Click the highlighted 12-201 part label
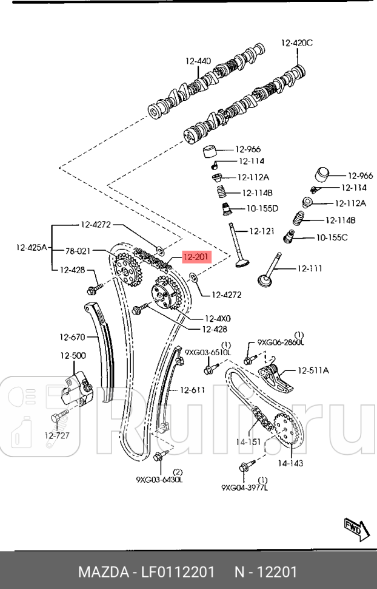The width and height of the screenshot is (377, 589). pyautogui.click(x=196, y=257)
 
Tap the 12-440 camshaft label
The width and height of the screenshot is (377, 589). pyautogui.click(x=198, y=61)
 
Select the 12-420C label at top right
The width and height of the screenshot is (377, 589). pyautogui.click(x=296, y=43)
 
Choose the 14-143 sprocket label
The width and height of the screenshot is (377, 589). pyautogui.click(x=291, y=463)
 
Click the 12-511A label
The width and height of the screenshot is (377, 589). pyautogui.click(x=313, y=370)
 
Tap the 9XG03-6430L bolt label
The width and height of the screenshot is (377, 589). pyautogui.click(x=159, y=479)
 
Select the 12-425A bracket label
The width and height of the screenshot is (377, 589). pyautogui.click(x=31, y=247)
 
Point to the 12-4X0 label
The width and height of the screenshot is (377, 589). pyautogui.click(x=218, y=318)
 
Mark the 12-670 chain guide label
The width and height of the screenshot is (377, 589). pyautogui.click(x=72, y=336)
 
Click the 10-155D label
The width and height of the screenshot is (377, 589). pyautogui.click(x=262, y=208)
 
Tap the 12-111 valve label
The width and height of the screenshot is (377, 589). pyautogui.click(x=309, y=268)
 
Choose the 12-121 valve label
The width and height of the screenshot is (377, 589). pyautogui.click(x=263, y=231)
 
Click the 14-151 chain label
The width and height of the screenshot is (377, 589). pyautogui.click(x=249, y=442)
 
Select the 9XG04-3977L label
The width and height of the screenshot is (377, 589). pyautogui.click(x=244, y=486)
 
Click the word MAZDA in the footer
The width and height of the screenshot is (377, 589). pyautogui.click(x=101, y=572)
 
